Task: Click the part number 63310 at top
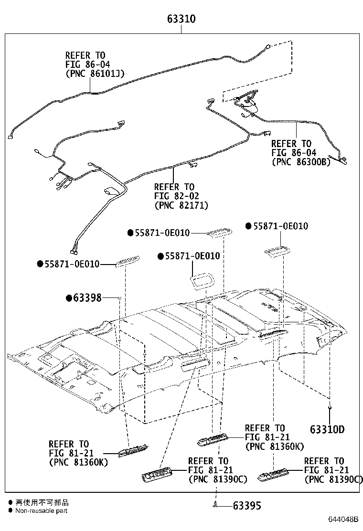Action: tap(181, 20)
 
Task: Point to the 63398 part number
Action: tap(87, 298)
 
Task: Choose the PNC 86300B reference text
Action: tap(301, 162)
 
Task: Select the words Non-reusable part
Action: tap(41, 510)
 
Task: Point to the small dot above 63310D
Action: tap(330, 407)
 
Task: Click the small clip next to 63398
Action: tap(119, 298)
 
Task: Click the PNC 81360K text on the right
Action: tap(274, 446)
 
